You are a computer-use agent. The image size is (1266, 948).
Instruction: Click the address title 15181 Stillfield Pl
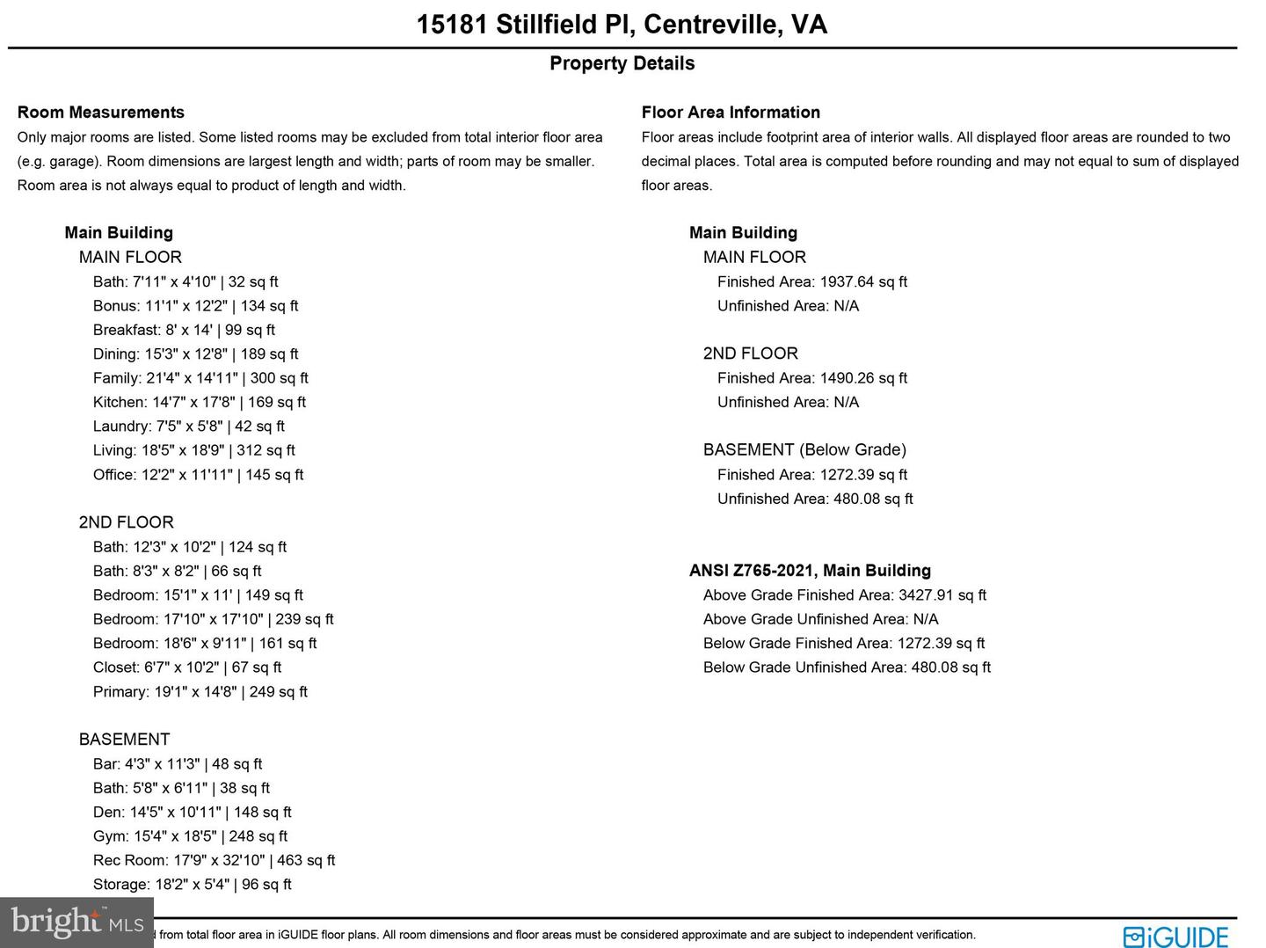click(x=622, y=24)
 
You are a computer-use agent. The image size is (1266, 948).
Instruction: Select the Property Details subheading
click(x=622, y=63)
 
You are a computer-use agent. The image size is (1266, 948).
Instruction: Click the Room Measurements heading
click(x=101, y=113)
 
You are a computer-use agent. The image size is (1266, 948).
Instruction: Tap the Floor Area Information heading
click(x=731, y=113)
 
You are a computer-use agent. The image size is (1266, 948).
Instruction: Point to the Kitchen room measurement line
click(x=200, y=402)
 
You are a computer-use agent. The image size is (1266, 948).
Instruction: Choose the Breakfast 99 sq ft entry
click(x=184, y=330)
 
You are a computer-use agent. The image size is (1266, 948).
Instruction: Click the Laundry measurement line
click(x=189, y=427)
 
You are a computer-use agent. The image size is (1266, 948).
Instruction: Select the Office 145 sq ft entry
click(x=198, y=475)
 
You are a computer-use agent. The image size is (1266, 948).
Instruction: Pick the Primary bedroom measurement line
click(x=200, y=692)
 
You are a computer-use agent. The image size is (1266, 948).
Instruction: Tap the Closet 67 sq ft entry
click(x=187, y=667)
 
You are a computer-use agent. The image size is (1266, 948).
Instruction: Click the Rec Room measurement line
click(x=214, y=861)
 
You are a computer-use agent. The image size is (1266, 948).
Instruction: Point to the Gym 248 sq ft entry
click(x=190, y=836)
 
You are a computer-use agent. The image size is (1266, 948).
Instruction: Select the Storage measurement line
click(x=192, y=885)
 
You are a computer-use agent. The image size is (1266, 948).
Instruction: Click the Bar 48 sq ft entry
click(x=178, y=764)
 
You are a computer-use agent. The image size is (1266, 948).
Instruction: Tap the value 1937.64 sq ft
click(x=863, y=282)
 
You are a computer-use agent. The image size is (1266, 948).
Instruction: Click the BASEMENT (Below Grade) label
click(x=804, y=450)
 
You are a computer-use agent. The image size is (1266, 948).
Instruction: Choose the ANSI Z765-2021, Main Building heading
click(x=810, y=571)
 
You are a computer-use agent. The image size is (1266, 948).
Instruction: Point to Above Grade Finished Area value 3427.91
click(x=942, y=595)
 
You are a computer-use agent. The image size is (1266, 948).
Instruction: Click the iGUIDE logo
click(x=1175, y=937)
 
